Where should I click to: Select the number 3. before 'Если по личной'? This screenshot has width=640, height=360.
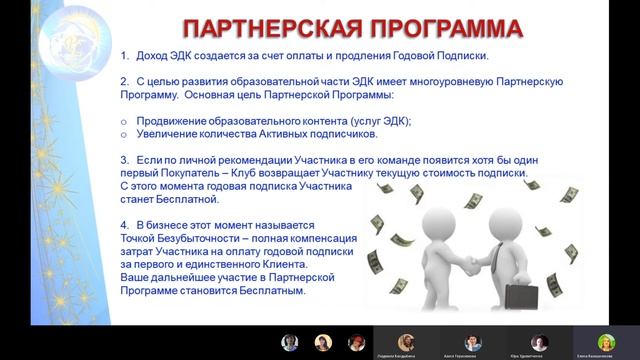click(124, 160)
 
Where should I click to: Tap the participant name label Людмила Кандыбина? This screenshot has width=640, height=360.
click(405, 355)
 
